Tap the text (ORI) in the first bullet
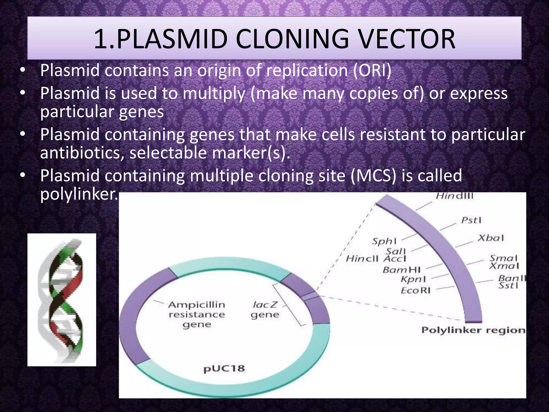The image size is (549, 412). point(372,70)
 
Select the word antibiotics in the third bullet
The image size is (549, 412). point(82,153)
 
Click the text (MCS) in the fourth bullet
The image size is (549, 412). point(373,176)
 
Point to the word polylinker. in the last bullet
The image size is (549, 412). point(79,194)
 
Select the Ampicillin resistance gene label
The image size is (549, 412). point(197,314)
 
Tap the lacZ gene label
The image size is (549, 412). point(265,310)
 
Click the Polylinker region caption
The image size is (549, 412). point(473,330)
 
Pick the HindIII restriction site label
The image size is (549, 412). point(454,196)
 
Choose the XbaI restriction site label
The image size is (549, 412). point(491,238)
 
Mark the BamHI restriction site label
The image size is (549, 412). point(402,270)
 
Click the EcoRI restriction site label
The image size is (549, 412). point(416,290)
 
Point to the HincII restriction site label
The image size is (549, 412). point(362,259)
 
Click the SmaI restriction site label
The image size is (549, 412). point(503,258)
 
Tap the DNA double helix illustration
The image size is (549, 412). point(62,300)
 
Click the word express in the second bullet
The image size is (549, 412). point(479,93)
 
